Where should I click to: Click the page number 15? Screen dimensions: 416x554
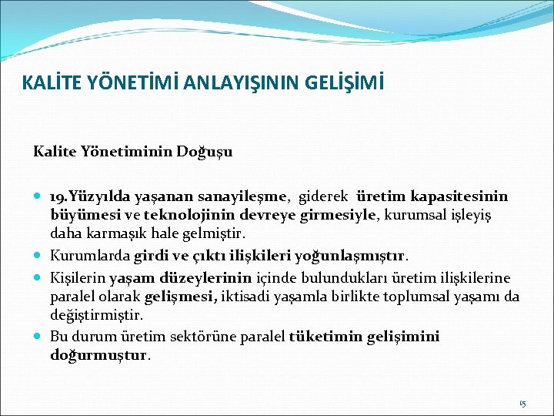[x=522, y=403]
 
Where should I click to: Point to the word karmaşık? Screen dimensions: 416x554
[x=109, y=233]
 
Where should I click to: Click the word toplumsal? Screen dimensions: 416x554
[x=416, y=297]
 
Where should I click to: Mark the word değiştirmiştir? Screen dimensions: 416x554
[x=96, y=315]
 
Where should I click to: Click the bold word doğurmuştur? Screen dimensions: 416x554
[x=99, y=356]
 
